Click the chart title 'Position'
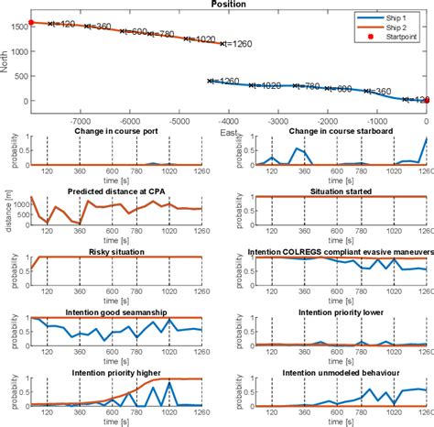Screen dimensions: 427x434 pyautogui.click(x=227, y=5)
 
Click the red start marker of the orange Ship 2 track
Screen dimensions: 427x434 pyautogui.click(x=31, y=22)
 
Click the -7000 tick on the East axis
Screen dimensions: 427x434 pyautogui.click(x=81, y=119)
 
